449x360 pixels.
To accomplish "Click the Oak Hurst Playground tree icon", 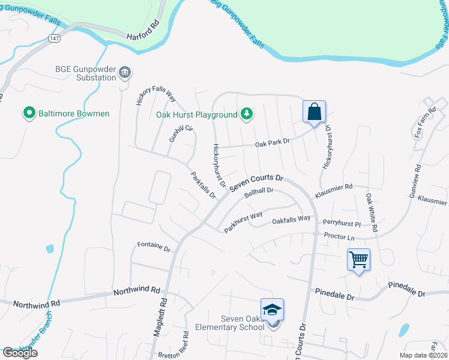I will pos(246,113).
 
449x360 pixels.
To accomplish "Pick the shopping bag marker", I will pos(314,112).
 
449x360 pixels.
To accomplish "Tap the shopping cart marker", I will pos(358,260).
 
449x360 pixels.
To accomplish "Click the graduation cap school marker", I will pos(273,310).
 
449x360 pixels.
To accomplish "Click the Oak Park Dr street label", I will pos(273,142).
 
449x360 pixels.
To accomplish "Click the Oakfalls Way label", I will pos(291,220).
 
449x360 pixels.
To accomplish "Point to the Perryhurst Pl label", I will pos(342,223).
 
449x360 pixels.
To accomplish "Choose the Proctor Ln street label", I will pos(339,237).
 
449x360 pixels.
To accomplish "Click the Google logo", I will pos(20,353).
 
